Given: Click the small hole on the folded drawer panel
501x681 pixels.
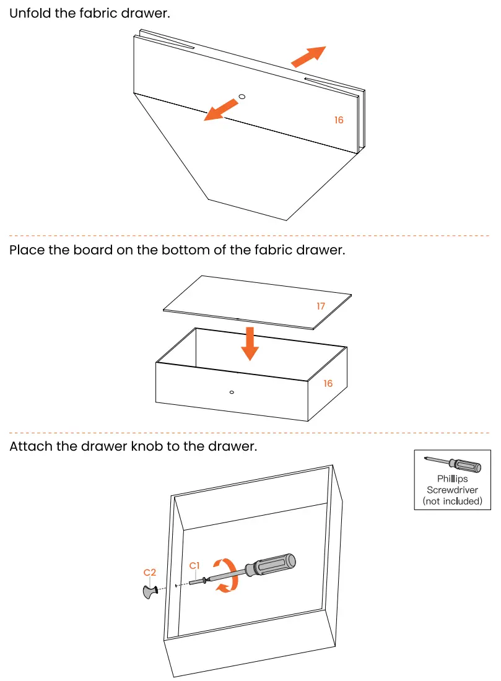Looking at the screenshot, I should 242,97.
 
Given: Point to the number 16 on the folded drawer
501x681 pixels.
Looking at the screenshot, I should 339,120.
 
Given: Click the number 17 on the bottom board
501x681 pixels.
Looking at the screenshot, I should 321,306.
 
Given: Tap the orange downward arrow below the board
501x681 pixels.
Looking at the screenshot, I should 250,343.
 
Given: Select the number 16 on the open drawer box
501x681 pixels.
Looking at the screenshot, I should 328,384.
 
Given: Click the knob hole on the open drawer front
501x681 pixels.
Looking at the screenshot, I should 231,392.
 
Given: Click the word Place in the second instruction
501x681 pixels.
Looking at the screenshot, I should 27,251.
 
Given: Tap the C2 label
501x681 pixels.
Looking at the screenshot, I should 150,572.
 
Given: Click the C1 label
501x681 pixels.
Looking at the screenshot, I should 194,565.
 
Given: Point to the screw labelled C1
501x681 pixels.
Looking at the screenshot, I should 197,582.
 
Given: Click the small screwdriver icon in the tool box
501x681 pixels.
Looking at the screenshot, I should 452,464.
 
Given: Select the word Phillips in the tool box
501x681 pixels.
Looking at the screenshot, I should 452,479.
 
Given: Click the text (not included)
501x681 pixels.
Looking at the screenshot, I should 452,501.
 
